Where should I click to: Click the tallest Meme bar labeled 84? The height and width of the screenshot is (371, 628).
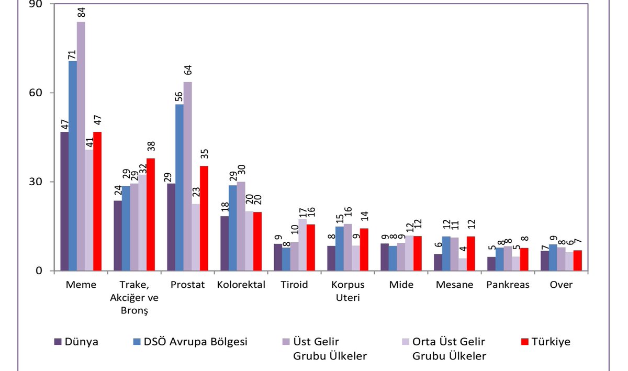(x=81, y=147)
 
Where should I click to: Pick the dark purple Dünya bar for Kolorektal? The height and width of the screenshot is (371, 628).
(x=224, y=243)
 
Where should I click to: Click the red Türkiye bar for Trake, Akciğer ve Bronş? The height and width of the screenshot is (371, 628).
(x=151, y=215)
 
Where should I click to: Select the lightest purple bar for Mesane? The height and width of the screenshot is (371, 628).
(x=463, y=265)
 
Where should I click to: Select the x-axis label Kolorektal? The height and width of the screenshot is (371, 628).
(x=241, y=285)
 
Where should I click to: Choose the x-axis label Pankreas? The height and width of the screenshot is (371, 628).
(x=508, y=285)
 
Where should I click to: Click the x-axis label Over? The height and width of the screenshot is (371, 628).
(x=561, y=285)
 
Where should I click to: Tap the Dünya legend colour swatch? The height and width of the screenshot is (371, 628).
(x=58, y=342)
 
